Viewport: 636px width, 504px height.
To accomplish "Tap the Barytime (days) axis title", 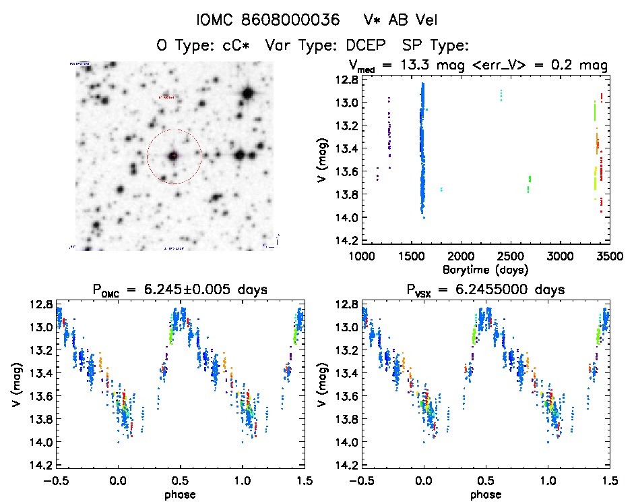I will (485, 269).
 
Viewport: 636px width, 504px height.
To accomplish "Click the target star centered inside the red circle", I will (174, 156).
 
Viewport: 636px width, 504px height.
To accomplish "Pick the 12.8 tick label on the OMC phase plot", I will (40, 305).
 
